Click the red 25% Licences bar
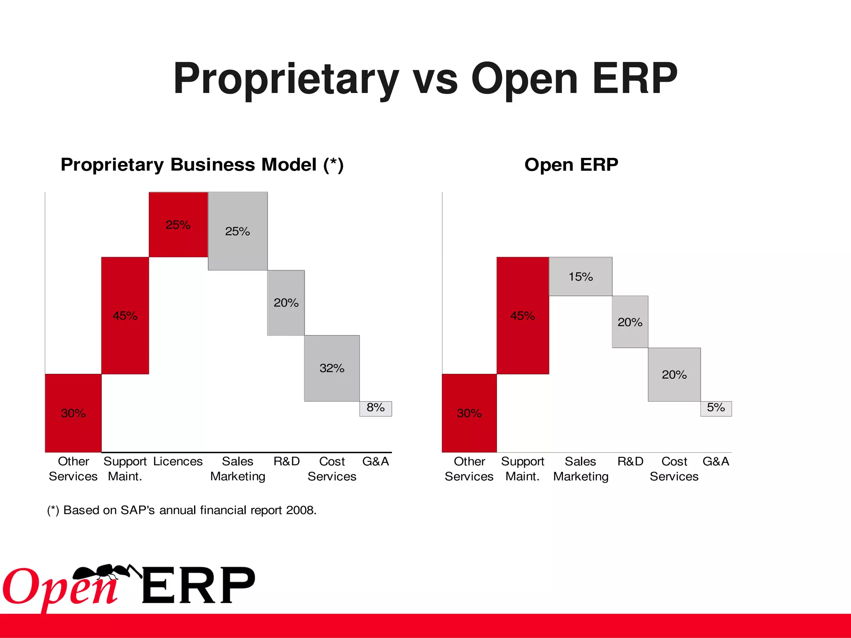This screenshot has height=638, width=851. tap(178, 224)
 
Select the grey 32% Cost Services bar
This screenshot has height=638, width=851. tap(332, 368)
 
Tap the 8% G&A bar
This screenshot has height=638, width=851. tap(375, 408)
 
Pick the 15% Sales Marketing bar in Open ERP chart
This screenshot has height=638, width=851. tap(580, 276)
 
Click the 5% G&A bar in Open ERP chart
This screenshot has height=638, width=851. tap(716, 408)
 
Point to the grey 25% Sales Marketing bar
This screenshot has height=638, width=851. tap(238, 231)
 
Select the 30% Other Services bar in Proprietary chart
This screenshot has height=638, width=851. tap(73, 413)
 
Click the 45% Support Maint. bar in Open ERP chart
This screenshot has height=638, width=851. tap(522, 316)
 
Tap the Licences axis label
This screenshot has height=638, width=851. tap(178, 461)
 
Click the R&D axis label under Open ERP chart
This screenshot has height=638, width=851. tap(630, 461)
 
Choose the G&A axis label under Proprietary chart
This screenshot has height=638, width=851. tap(375, 461)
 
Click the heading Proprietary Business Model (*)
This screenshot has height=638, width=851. tap(202, 164)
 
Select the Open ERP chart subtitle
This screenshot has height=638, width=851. tap(571, 164)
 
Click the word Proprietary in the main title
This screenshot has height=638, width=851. tap(286, 79)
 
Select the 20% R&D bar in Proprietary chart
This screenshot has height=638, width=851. tap(286, 303)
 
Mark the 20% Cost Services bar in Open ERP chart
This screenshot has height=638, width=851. tap(674, 375)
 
